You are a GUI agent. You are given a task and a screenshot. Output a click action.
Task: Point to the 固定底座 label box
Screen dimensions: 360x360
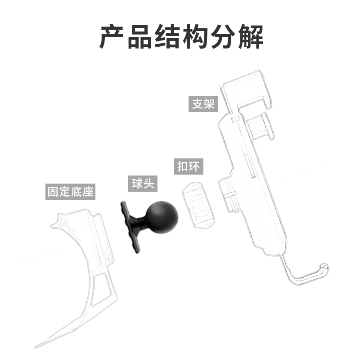(x=71, y=192)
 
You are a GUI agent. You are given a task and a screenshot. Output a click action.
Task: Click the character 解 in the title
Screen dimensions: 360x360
(x=249, y=37)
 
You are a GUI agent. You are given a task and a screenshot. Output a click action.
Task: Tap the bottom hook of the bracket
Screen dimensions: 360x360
(x=310, y=273)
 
